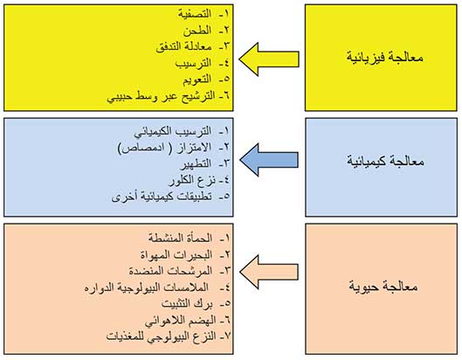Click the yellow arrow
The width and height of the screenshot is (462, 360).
[x=269, y=59]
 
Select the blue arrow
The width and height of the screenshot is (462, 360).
[x=269, y=160]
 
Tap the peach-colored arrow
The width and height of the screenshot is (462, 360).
[x=269, y=272]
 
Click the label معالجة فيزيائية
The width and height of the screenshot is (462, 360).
[x=385, y=57]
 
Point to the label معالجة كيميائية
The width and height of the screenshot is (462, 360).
[x=385, y=162]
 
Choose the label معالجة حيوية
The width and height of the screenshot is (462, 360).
[x=383, y=287]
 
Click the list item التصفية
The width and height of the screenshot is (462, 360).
[x=195, y=14]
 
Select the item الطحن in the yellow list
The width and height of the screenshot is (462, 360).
[x=197, y=31]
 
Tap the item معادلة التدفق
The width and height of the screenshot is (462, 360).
[x=183, y=47]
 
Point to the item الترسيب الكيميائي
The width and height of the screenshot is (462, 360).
[x=173, y=131]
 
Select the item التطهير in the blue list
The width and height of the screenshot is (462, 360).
[x=196, y=163]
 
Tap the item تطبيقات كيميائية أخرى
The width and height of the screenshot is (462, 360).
[x=162, y=197]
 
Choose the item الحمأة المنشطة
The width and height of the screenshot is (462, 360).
[x=180, y=238]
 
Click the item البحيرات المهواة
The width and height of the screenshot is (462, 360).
[x=176, y=254]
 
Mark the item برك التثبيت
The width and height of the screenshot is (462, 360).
[x=187, y=304]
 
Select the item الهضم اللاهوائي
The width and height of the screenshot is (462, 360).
[x=180, y=321]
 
